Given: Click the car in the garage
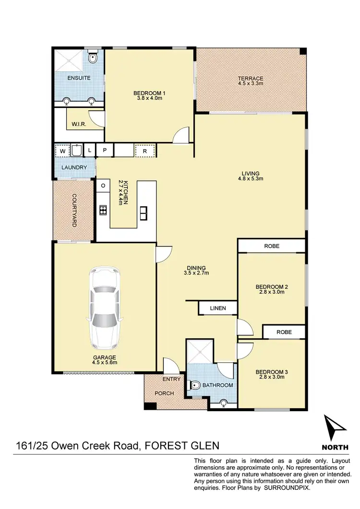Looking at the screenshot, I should coord(104,308).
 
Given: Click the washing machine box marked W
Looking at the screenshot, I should coord(62,151).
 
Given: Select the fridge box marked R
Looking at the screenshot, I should coord(144,151).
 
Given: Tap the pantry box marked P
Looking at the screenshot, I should coord(105,151).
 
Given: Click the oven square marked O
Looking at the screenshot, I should coord(103,185).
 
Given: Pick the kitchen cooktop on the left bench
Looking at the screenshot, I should coord(103,209).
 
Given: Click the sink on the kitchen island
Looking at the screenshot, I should coord(143,212).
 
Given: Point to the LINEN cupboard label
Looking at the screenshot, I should coord(217,308).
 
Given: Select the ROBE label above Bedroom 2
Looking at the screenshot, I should coord(271,246).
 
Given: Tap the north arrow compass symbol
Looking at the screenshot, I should coord(335,428).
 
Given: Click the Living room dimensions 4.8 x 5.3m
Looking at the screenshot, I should coord(251,178).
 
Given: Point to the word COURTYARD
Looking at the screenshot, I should coord(74,210).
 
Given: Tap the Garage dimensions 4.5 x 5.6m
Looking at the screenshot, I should coord(104,363).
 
